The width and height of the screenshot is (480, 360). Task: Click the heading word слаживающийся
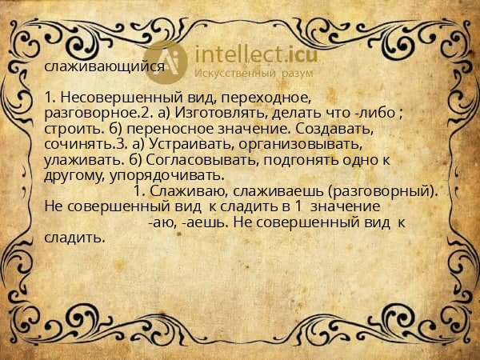(x=104, y=68)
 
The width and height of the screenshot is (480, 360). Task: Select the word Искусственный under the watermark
(x=236, y=74)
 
